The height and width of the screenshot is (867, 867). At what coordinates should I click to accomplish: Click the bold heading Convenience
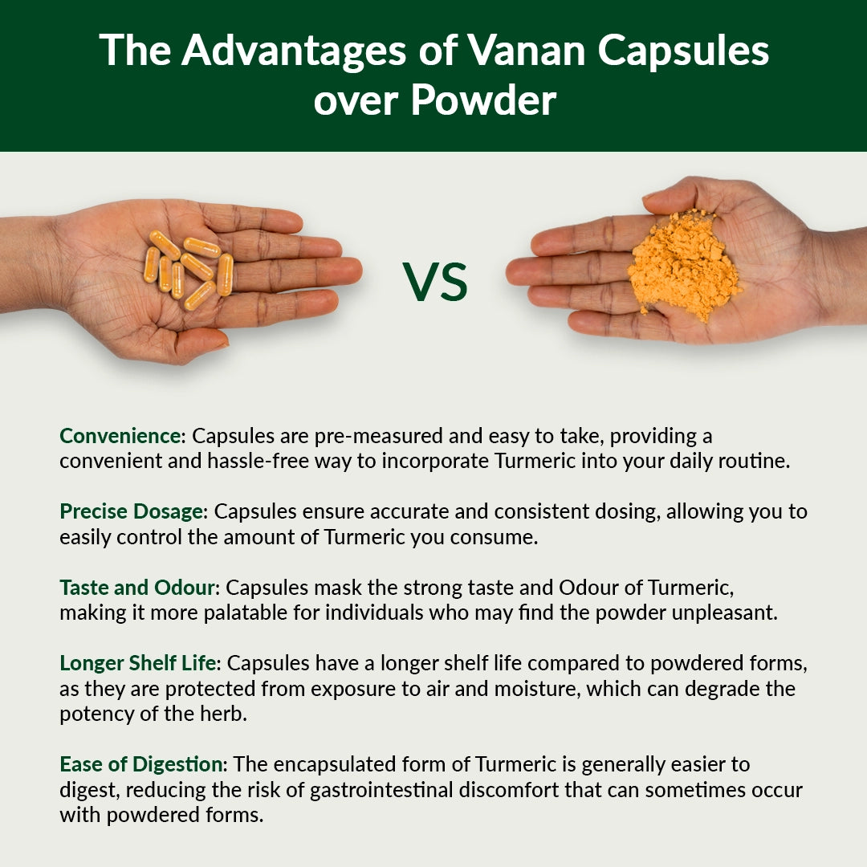(121, 437)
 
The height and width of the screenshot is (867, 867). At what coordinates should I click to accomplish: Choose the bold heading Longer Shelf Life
(141, 663)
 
